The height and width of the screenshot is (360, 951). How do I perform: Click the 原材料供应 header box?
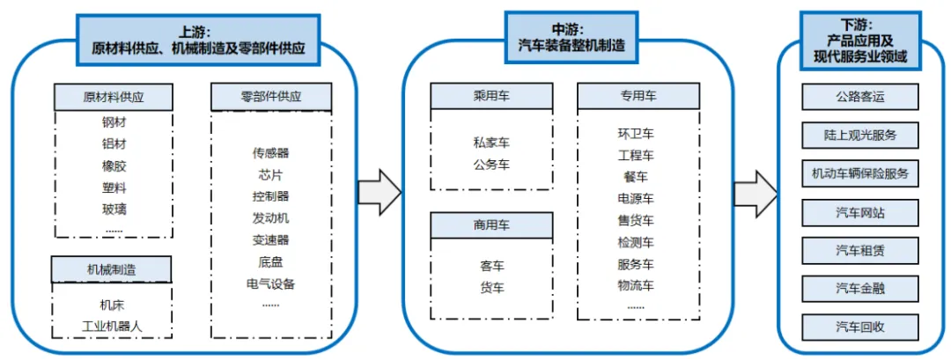(x=114, y=96)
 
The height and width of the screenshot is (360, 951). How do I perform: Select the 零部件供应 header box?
(x=271, y=96)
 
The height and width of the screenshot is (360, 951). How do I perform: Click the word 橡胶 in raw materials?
(x=114, y=165)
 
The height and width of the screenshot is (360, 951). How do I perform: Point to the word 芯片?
(x=271, y=174)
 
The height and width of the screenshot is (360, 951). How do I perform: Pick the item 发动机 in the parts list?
(x=271, y=217)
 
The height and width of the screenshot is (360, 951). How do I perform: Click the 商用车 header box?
(x=491, y=225)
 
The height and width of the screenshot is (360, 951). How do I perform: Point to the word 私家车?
(x=491, y=143)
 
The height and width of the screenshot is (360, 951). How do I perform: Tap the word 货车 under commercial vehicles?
(x=491, y=287)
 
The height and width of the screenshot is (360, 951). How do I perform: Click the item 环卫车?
(x=636, y=134)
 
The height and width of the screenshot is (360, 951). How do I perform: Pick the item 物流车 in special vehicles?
(x=636, y=285)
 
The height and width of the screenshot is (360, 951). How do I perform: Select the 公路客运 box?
(x=860, y=96)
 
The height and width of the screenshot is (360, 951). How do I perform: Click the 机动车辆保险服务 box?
(x=860, y=173)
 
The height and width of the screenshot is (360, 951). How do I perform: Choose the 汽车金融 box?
(x=860, y=289)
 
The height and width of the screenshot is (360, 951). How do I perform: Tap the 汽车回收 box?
(x=860, y=327)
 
